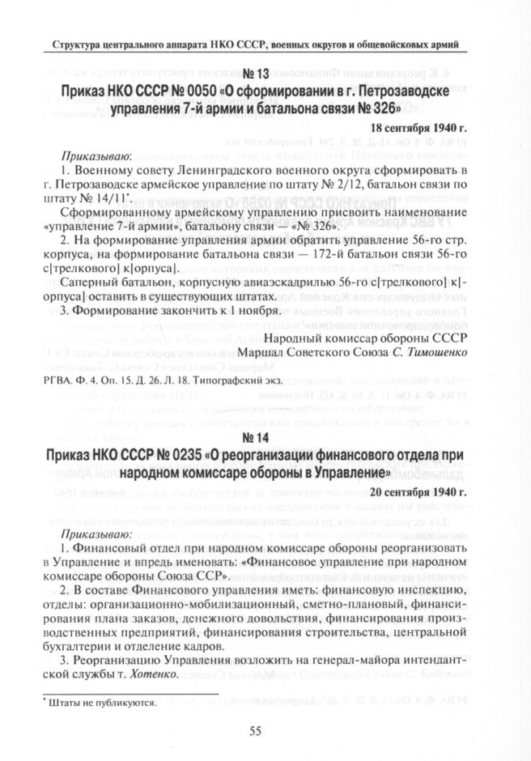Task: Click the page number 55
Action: point(255,730)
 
